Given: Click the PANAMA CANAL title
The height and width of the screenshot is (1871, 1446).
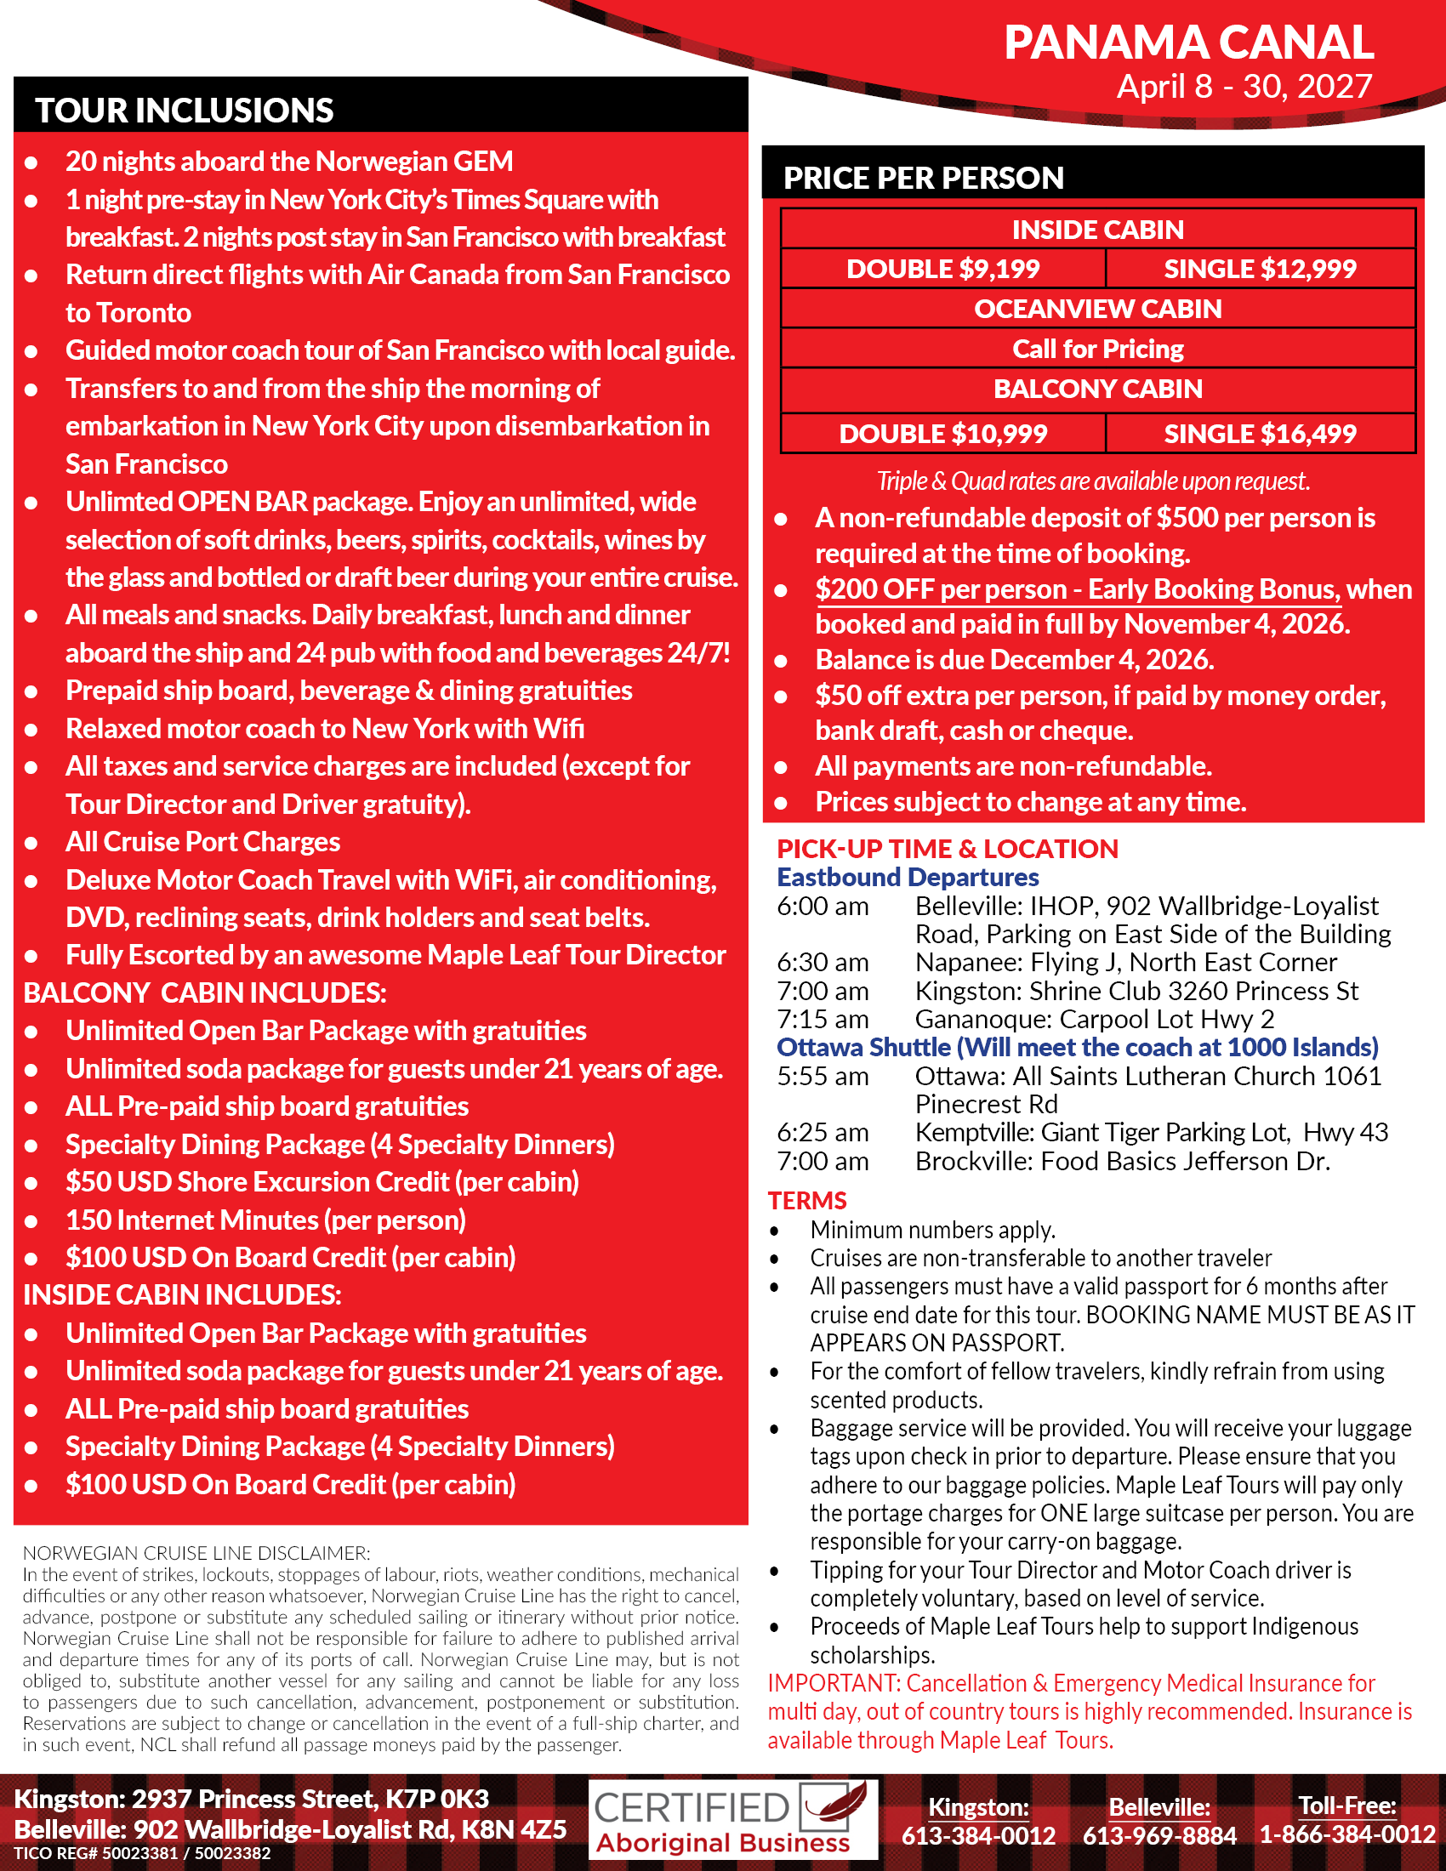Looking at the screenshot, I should click(x=1188, y=43).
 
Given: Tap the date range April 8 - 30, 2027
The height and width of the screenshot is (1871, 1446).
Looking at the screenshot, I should click(x=1244, y=87).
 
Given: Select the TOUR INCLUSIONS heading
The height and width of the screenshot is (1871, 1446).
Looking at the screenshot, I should click(x=185, y=111).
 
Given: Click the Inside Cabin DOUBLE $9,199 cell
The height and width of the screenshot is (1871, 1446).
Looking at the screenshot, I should click(x=942, y=269).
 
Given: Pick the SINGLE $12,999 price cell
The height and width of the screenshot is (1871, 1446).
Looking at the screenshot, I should click(x=1259, y=269).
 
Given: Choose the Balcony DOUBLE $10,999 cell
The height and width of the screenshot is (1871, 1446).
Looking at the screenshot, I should click(x=942, y=434).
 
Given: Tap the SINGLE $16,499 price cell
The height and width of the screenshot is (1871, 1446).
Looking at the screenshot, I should click(x=1259, y=434).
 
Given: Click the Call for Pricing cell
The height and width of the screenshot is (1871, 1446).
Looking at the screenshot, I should click(x=1097, y=349).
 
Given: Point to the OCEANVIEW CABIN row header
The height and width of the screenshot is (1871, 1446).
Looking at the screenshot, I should click(x=1097, y=309).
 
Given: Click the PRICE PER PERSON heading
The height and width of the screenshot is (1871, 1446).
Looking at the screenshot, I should click(x=923, y=179).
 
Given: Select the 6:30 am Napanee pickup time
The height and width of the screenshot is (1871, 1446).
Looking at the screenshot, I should click(x=823, y=962).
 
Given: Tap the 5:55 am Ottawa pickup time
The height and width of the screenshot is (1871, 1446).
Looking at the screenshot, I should click(x=823, y=1076).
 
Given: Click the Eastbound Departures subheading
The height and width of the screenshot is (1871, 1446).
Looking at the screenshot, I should click(x=908, y=878).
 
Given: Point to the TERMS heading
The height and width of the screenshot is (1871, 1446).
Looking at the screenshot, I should click(x=807, y=1200).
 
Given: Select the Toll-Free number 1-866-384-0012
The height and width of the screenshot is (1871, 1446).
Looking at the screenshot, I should click(x=1346, y=1835).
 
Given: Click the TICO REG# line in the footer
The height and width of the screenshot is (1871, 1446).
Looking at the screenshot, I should click(x=142, y=1854).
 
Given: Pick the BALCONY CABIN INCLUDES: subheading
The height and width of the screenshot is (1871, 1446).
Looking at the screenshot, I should click(x=205, y=992).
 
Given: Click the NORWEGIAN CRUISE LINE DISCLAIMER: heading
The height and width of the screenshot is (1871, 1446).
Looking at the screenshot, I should click(x=196, y=1553).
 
